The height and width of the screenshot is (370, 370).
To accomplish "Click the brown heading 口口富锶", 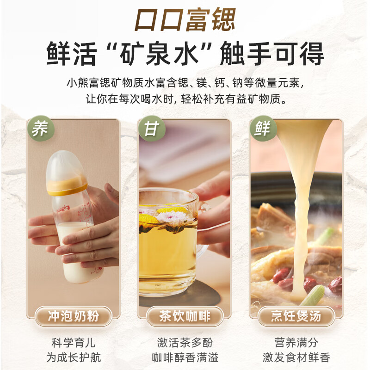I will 185,20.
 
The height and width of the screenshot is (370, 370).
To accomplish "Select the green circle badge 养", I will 40,129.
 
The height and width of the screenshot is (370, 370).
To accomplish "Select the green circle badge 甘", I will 151,129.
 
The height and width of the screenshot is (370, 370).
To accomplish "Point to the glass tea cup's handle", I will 203,231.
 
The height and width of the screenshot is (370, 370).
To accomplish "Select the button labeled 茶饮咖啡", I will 185,316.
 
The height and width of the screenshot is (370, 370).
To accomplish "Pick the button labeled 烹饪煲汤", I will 296,316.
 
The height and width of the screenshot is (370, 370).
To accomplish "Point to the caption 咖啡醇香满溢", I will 185,358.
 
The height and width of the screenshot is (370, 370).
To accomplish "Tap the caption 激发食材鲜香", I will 296,358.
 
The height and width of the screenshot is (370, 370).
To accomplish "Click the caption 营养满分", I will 296,343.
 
